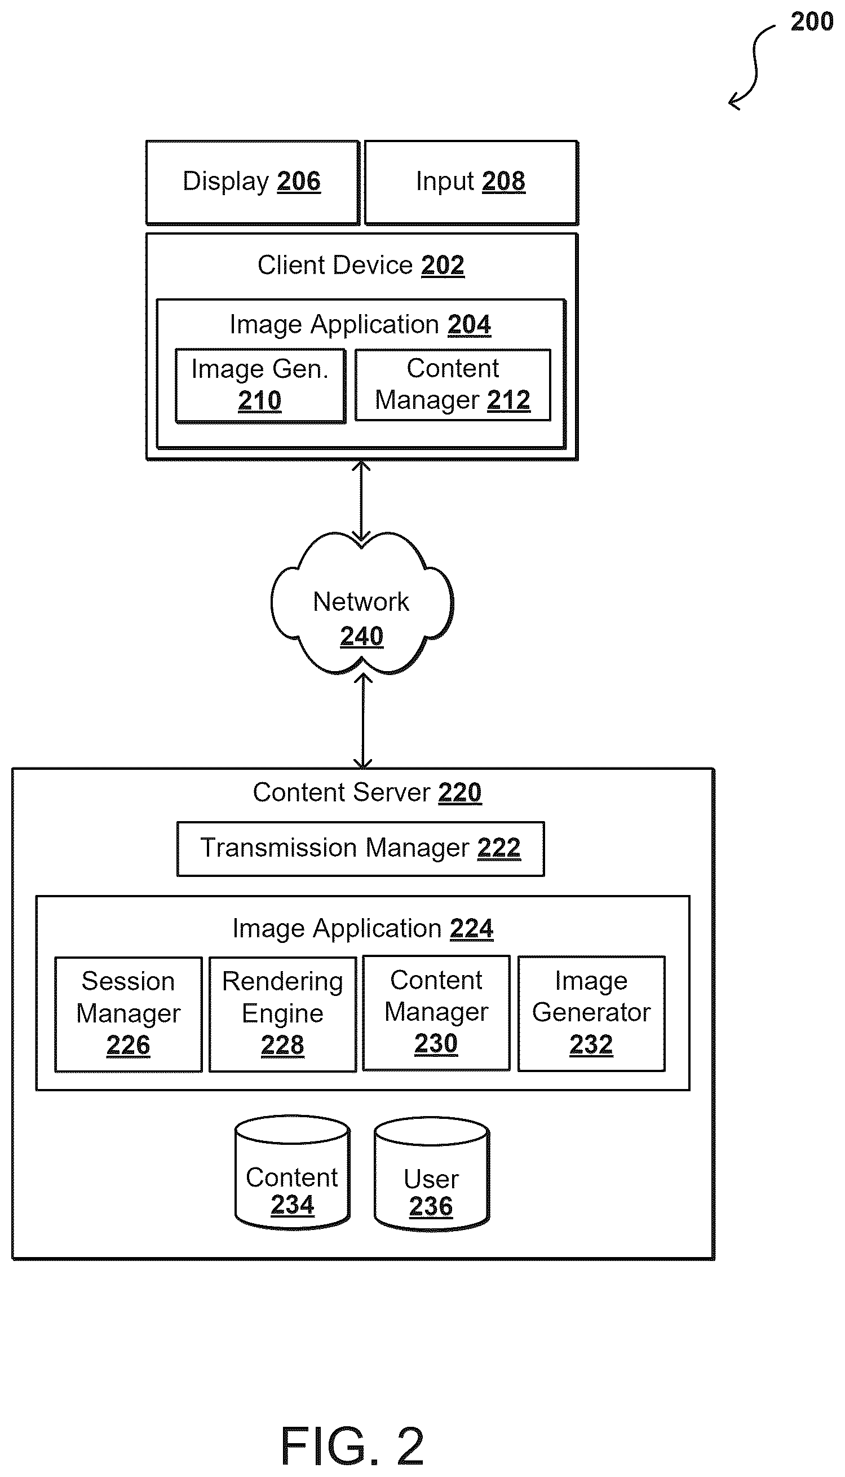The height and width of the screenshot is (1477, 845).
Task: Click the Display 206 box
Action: pyautogui.click(x=253, y=182)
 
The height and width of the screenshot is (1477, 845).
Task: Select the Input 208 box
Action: pyautogui.click(x=471, y=182)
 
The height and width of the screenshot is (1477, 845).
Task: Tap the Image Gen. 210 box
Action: pyautogui.click(x=260, y=386)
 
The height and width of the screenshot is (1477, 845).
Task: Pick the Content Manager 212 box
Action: pyautogui.click(x=453, y=385)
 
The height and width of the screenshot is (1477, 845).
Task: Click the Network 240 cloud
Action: pyautogui.click(x=361, y=604)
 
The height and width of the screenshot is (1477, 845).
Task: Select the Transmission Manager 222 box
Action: pyautogui.click(x=360, y=848)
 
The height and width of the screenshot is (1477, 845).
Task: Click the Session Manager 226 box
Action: pyautogui.click(x=129, y=1013)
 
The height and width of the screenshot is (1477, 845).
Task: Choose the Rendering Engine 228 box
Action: pyautogui.click(x=282, y=1013)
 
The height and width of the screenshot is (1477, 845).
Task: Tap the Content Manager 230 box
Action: pyautogui.click(x=436, y=1012)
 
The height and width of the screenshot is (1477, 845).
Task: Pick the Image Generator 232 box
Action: pyautogui.click(x=591, y=1012)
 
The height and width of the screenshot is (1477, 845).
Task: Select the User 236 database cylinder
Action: pyautogui.click(x=432, y=1174)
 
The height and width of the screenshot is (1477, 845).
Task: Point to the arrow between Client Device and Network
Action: pyautogui.click(x=361, y=501)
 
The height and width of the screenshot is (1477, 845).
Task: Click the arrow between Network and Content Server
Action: pyautogui.click(x=362, y=721)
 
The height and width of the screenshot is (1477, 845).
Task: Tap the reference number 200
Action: pyautogui.click(x=812, y=22)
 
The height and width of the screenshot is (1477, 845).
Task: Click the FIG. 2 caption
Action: pyautogui.click(x=352, y=1445)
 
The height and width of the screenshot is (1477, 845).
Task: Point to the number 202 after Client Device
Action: pyautogui.click(x=443, y=265)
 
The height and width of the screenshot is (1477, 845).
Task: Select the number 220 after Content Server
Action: pyautogui.click(x=459, y=792)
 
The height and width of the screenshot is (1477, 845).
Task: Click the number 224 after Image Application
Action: pyautogui.click(x=471, y=928)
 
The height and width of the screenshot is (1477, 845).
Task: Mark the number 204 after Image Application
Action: pyautogui.click(x=469, y=324)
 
